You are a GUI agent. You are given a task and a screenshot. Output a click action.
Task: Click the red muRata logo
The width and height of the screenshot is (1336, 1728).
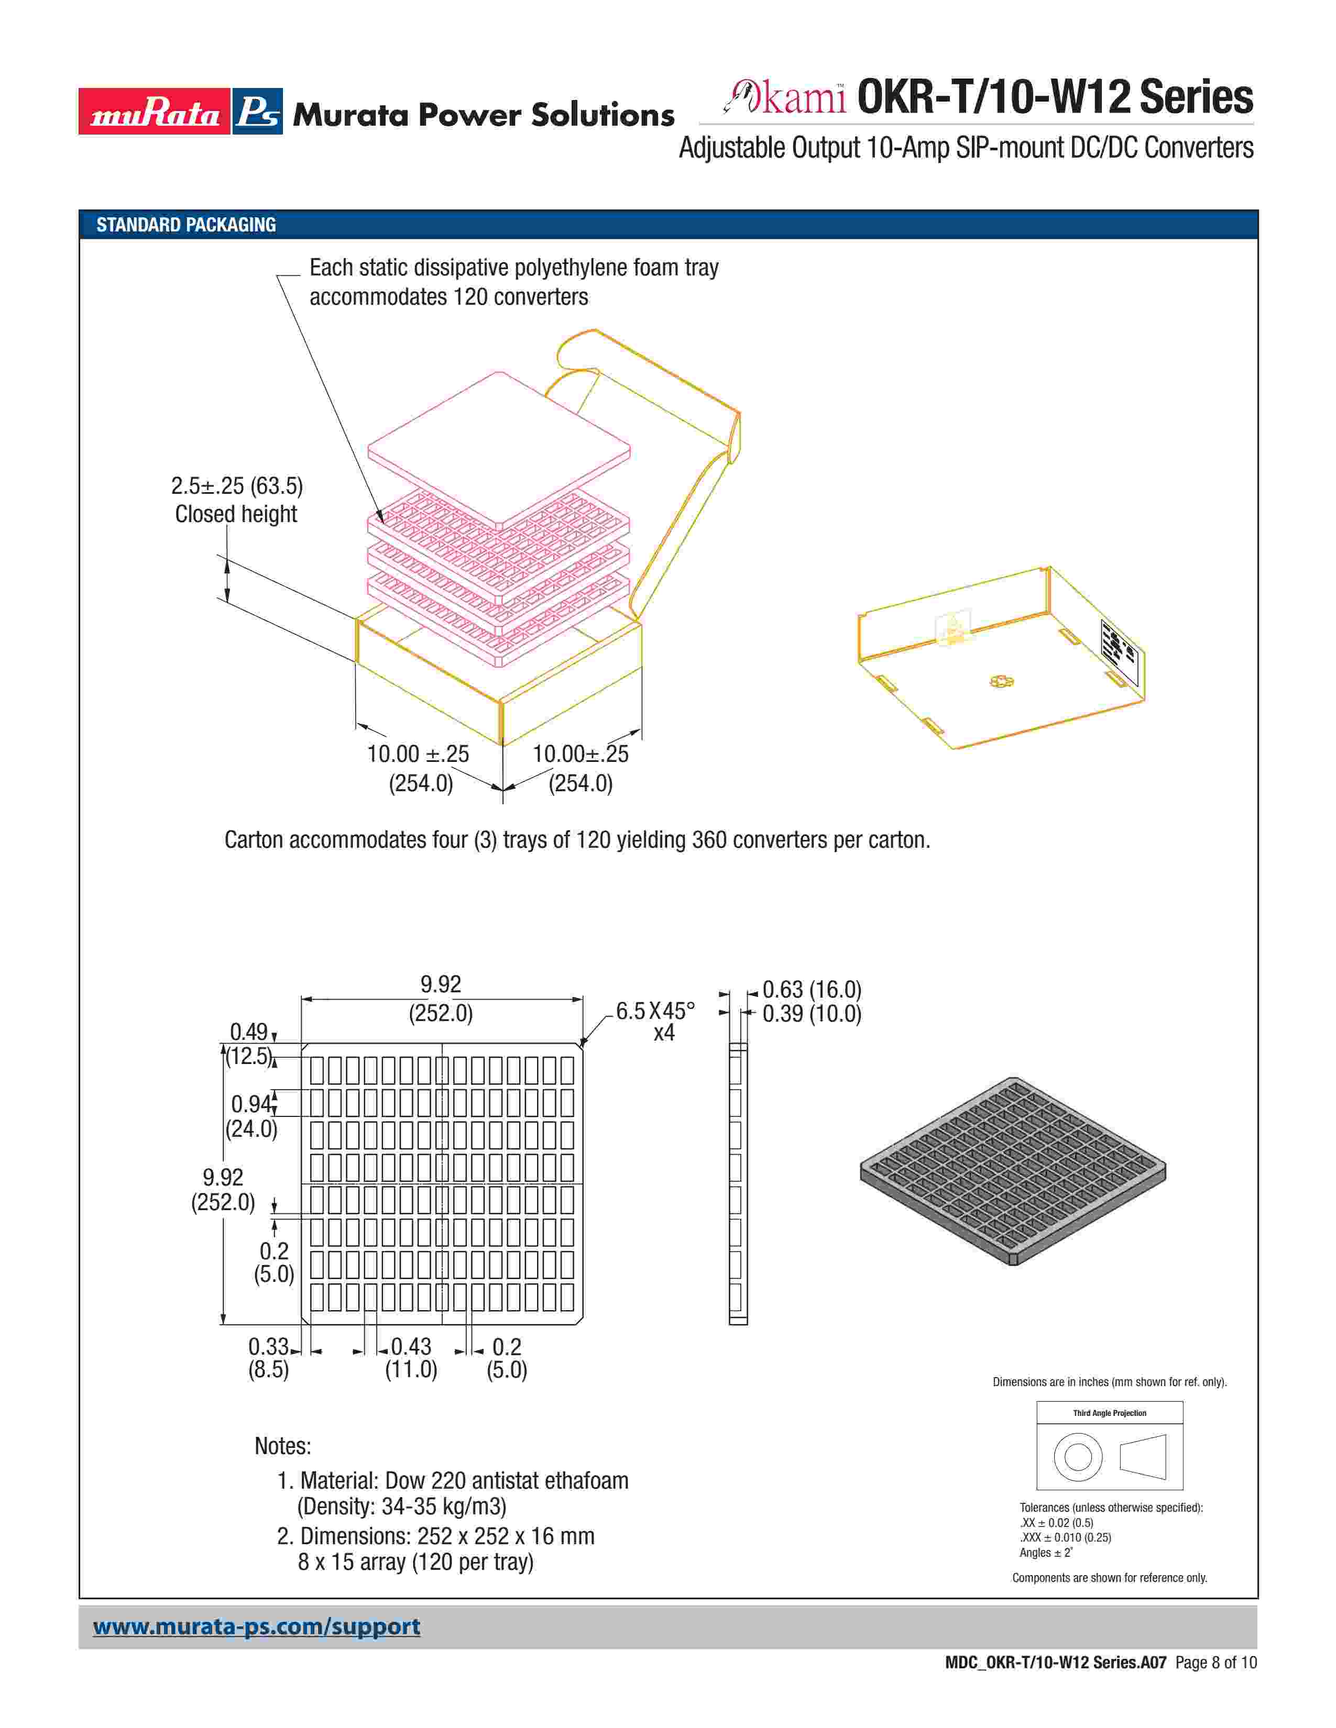[155, 112]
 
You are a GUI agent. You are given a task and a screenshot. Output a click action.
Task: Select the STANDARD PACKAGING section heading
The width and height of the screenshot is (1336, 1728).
[186, 225]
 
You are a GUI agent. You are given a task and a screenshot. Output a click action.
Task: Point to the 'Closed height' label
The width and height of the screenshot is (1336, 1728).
[236, 514]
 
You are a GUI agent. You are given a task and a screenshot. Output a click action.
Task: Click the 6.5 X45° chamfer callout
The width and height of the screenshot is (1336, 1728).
[655, 1011]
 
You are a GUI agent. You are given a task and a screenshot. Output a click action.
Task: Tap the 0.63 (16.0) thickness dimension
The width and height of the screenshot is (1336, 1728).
[811, 990]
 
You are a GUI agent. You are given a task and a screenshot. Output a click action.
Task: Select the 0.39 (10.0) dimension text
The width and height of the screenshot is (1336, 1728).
[811, 1014]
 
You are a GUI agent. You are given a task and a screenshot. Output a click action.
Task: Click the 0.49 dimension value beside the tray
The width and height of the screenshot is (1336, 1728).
[248, 1032]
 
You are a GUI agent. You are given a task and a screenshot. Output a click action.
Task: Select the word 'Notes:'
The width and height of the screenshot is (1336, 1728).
[282, 1446]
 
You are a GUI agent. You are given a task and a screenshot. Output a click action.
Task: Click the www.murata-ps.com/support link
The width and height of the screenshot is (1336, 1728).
[256, 1627]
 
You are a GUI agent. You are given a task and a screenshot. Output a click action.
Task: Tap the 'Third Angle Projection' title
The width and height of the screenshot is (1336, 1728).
[1109, 1413]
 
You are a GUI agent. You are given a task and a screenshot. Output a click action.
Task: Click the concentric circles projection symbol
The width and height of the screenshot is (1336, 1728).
[1078, 1457]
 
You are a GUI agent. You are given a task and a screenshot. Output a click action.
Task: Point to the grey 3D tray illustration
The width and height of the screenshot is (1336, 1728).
[1013, 1171]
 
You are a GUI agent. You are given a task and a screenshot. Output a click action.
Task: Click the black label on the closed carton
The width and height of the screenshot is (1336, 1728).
[1119, 653]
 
